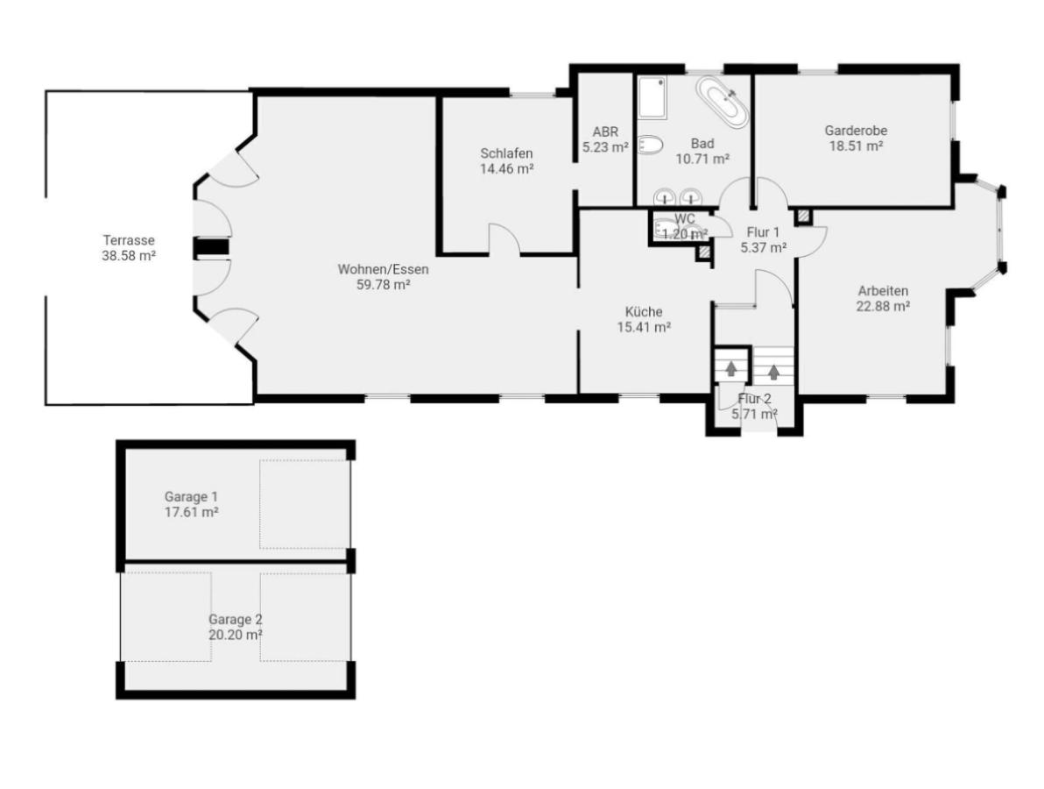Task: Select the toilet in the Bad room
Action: pos(649,145)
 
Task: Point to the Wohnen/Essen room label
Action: pos(383,269)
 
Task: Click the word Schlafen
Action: pos(506,153)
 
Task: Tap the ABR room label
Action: pos(605,132)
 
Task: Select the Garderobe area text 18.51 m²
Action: pos(856,146)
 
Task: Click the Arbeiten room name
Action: pos(883,291)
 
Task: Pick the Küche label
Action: pos(644,311)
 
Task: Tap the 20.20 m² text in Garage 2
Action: pos(236,634)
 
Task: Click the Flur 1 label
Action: pos(763,232)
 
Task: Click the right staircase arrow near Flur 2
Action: pos(773,372)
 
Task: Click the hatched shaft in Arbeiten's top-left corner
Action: pos(803,216)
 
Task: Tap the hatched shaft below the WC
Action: pos(703,252)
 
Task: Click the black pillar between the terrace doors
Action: pos(210,248)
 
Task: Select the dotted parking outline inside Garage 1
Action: pos(304,503)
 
